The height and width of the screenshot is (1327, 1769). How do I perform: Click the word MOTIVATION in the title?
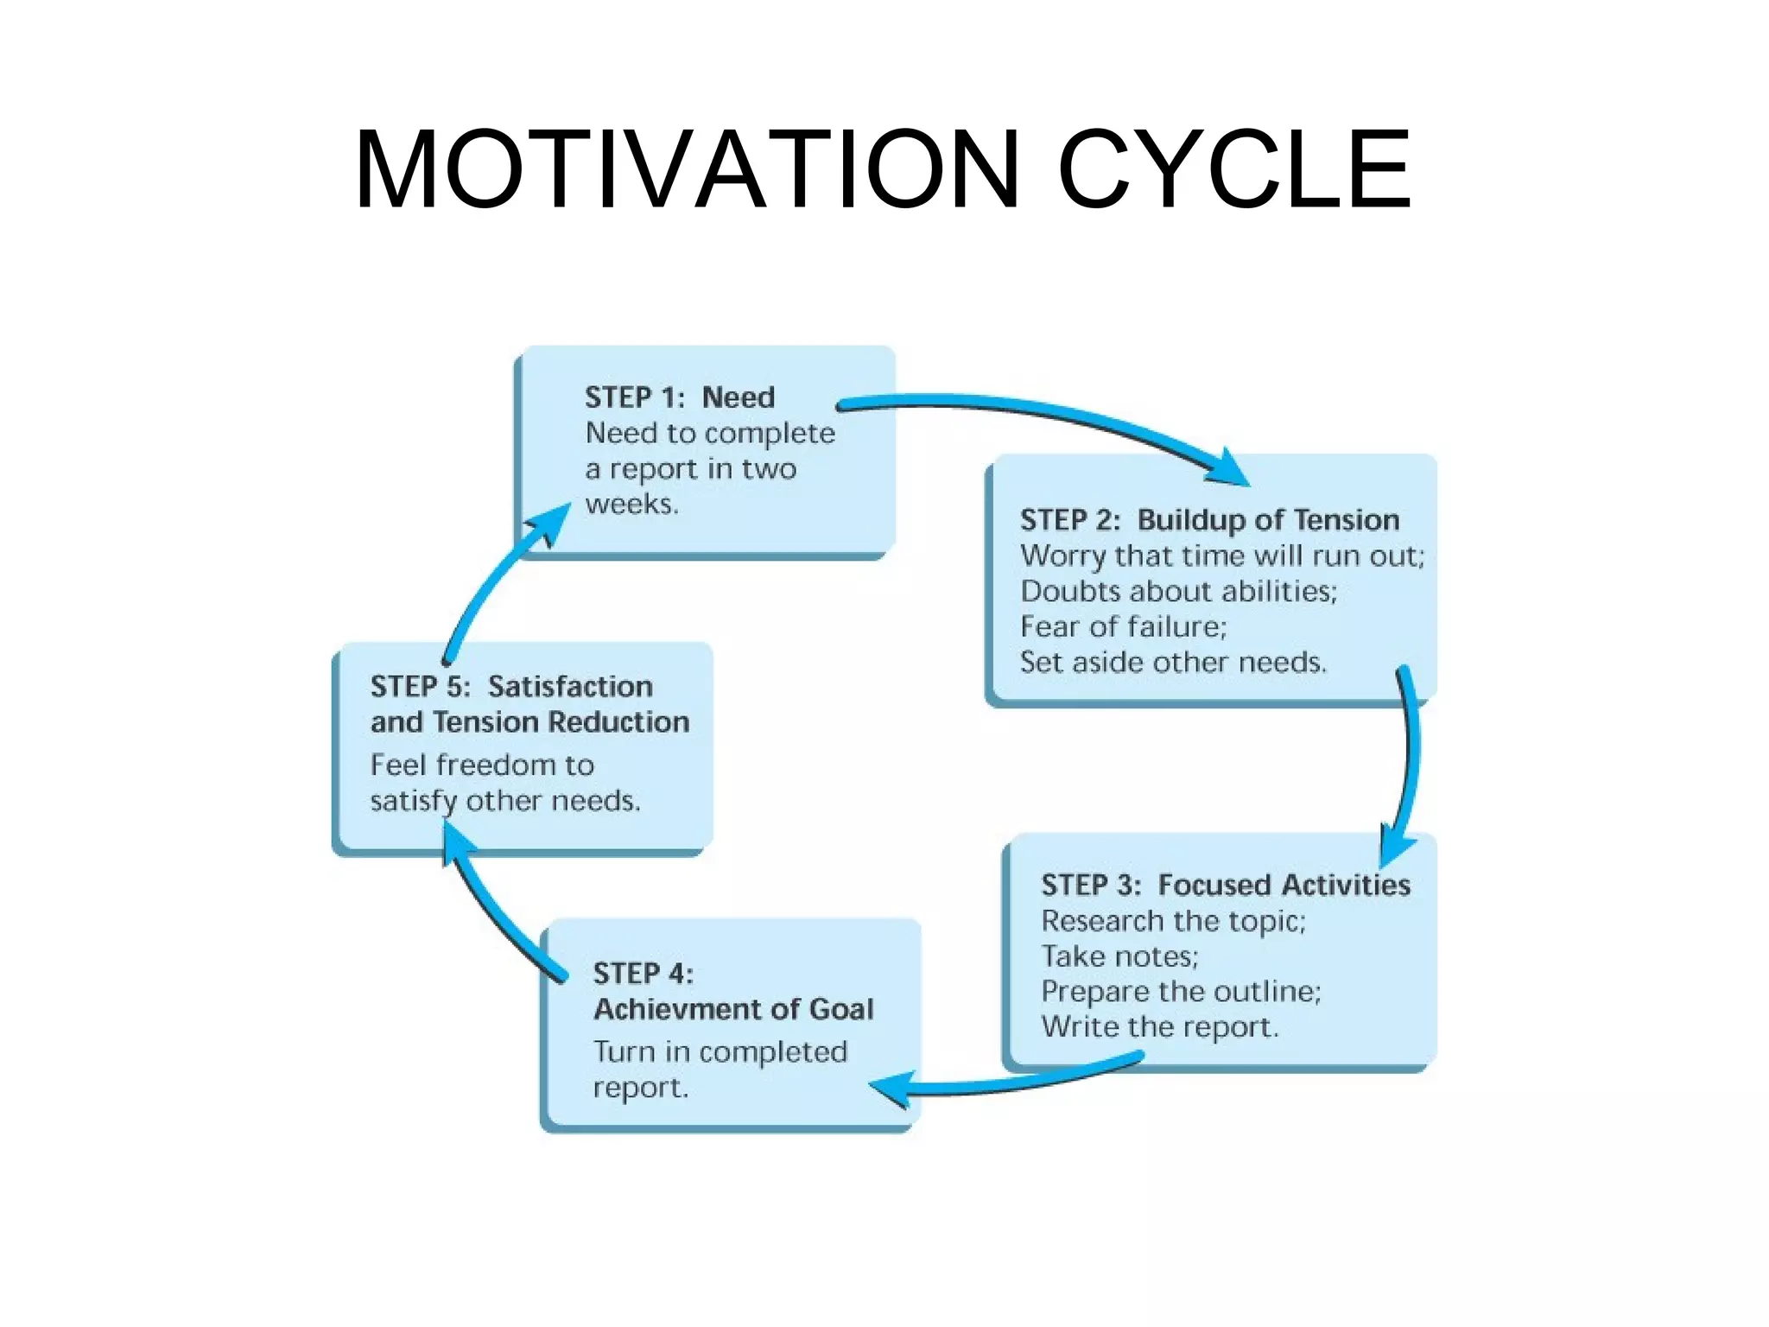pyautogui.click(x=687, y=169)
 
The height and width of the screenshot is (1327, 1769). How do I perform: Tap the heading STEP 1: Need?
pyautogui.click(x=680, y=397)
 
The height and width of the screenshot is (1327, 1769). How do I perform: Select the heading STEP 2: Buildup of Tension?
pyautogui.click(x=1209, y=520)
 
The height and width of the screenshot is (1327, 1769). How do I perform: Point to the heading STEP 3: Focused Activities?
pyautogui.click(x=1225, y=885)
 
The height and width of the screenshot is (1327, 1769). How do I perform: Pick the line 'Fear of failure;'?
pyautogui.click(x=1123, y=626)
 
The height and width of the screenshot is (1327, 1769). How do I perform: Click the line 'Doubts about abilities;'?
pyautogui.click(x=1178, y=591)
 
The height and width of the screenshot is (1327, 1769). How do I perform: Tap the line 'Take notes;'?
pyautogui.click(x=1119, y=956)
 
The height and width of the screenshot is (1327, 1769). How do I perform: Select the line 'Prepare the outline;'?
pyautogui.click(x=1181, y=992)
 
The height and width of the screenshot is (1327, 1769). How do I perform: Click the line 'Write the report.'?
pyautogui.click(x=1159, y=1027)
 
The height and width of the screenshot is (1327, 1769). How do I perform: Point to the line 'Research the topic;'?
pyautogui.click(x=1173, y=921)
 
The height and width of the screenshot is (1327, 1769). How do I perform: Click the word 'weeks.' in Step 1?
pyautogui.click(x=631, y=504)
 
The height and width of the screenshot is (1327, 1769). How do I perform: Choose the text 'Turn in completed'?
pyautogui.click(x=720, y=1052)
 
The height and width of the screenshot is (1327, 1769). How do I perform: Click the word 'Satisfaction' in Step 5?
pyautogui.click(x=570, y=687)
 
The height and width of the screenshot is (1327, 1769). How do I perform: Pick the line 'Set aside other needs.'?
pyautogui.click(x=1173, y=663)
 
